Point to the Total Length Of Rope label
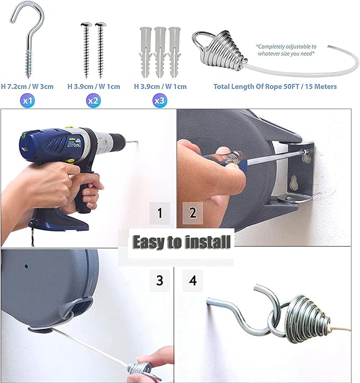coord(275,86)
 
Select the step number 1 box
coord(160,215)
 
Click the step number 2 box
coord(193,215)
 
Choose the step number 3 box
coord(160,280)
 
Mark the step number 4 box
coord(193,280)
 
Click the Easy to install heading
coord(181,242)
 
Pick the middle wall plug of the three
coord(160,50)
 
